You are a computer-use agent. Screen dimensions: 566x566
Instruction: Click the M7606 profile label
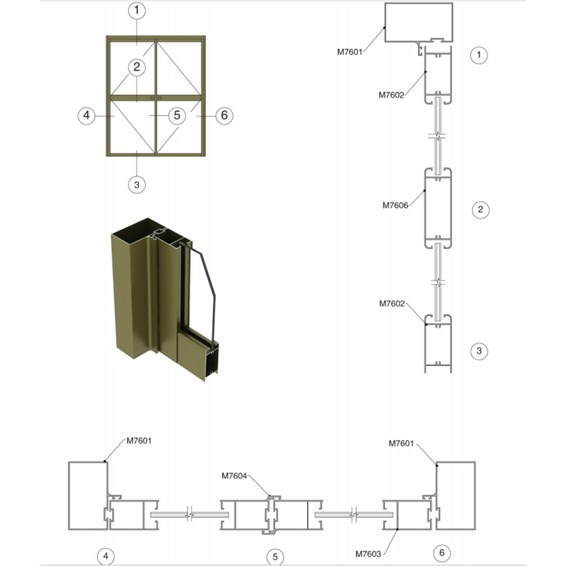pos(395,205)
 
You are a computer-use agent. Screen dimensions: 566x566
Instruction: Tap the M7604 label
pos(234,476)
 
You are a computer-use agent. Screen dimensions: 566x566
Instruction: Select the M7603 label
pos(368,554)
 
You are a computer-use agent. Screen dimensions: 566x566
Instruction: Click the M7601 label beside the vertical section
pos(350,52)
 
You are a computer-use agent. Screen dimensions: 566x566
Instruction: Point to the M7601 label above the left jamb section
pos(139,441)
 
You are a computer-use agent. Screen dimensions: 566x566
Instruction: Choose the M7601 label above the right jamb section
pos(401,444)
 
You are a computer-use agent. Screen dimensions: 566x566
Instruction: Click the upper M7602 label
pos(391,96)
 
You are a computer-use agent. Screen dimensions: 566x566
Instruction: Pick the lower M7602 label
pos(392,304)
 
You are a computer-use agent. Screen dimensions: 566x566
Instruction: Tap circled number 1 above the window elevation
pos(137,10)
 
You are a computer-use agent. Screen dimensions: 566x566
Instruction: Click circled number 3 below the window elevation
pos(137,185)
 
